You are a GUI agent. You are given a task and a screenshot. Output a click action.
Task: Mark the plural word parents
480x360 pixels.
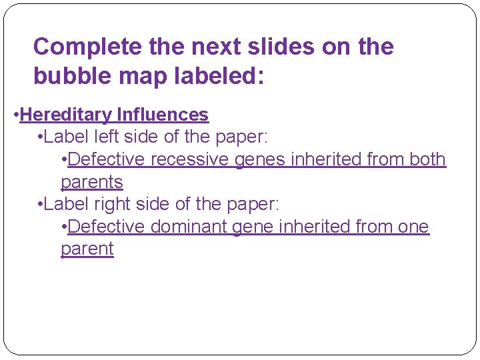point(92,182)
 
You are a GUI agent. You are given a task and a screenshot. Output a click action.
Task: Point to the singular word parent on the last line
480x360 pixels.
point(87,249)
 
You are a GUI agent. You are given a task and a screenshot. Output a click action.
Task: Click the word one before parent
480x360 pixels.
point(413,227)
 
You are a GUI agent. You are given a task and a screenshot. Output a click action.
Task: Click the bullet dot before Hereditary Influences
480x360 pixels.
point(16,115)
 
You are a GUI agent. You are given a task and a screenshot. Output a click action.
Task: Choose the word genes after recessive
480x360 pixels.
point(259,159)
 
